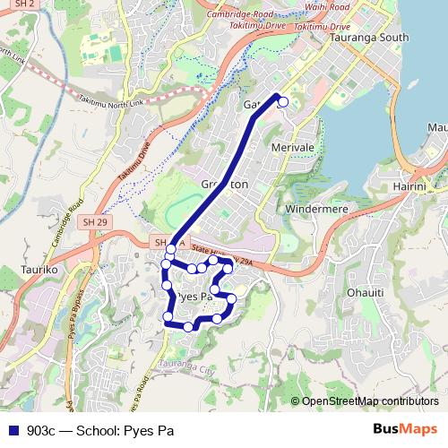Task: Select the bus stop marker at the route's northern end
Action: point(283,102)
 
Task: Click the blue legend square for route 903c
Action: point(13,429)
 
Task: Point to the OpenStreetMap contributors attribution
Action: point(369,401)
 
